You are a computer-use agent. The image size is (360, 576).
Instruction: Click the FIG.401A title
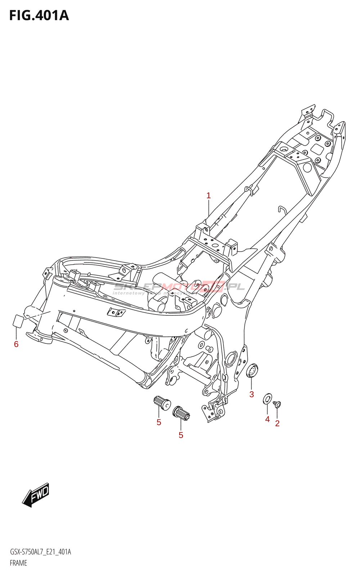point(39,16)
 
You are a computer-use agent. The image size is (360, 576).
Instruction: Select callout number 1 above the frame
point(208,196)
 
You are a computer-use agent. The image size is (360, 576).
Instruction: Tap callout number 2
point(277,423)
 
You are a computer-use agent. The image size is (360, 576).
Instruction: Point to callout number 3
point(252,394)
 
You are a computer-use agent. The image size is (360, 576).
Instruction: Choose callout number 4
point(267,419)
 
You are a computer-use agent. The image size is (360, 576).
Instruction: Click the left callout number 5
point(159,422)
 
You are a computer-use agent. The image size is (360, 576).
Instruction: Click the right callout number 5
point(181,435)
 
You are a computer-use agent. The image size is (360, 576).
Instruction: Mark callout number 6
point(16,344)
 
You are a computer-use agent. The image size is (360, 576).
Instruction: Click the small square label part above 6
point(18,320)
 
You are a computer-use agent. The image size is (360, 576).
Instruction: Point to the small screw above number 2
point(277,404)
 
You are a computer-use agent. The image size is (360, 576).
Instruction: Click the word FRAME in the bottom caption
point(18,563)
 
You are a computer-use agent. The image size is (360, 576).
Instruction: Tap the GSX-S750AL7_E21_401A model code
point(40,552)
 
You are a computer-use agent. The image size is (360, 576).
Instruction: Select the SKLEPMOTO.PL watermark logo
point(179,287)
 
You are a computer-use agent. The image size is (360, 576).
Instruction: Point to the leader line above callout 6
point(16,333)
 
